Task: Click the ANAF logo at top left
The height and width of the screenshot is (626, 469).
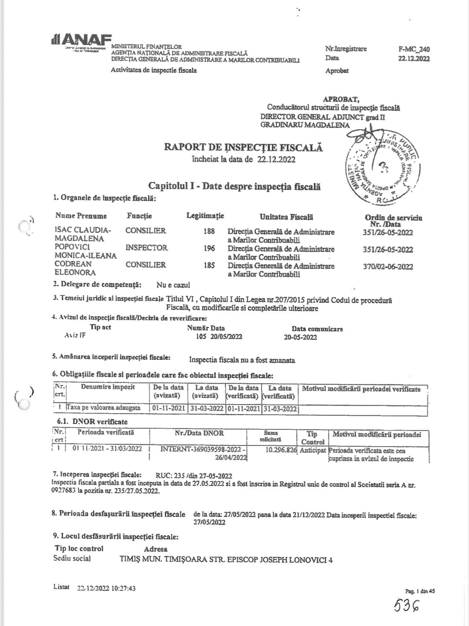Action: tap(81, 41)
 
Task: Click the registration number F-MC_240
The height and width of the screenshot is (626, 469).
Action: tap(414, 49)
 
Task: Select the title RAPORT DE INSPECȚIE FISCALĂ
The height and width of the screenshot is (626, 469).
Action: tap(243, 147)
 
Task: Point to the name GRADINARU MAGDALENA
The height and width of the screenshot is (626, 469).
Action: tap(305, 125)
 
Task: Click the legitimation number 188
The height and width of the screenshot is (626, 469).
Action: tap(209, 231)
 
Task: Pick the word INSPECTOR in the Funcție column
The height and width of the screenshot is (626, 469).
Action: tap(146, 248)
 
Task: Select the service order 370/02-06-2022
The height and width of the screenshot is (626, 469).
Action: tap(388, 267)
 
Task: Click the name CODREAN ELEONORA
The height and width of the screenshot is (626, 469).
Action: tap(75, 268)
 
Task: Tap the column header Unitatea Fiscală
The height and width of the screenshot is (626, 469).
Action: tap(286, 217)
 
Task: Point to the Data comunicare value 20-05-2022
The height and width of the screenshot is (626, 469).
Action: tap(300, 338)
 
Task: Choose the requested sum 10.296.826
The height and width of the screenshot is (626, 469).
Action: tap(280, 451)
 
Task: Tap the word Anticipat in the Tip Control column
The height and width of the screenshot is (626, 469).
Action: tap(313, 451)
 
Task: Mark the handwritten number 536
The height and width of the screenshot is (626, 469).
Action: tap(406, 606)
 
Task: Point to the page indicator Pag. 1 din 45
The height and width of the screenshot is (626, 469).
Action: tap(420, 591)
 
